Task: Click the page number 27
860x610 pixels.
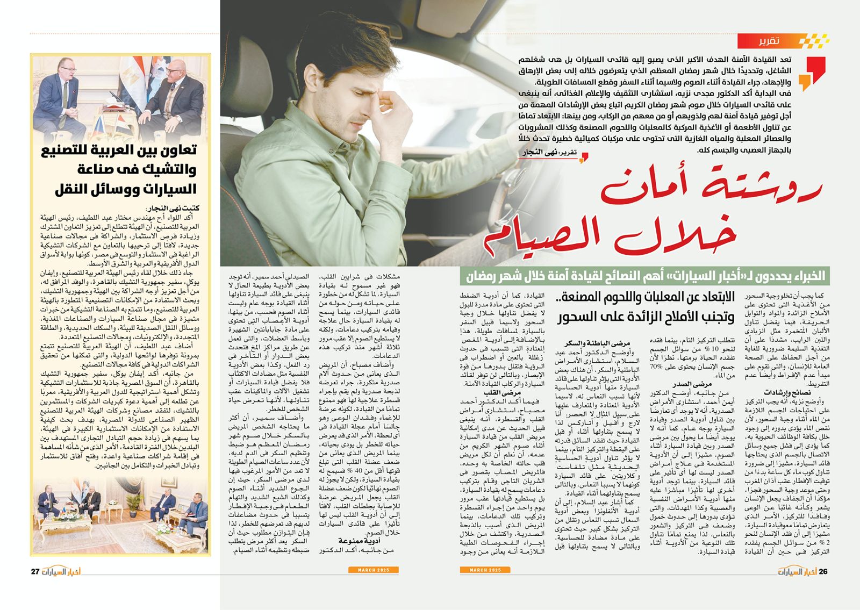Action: [x=35, y=571]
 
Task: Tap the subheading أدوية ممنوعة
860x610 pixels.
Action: [x=360, y=540]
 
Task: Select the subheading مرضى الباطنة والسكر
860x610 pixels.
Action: [x=597, y=343]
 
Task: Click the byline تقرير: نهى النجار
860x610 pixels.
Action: [x=551, y=153]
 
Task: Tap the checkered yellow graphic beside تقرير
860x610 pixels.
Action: [x=813, y=40]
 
